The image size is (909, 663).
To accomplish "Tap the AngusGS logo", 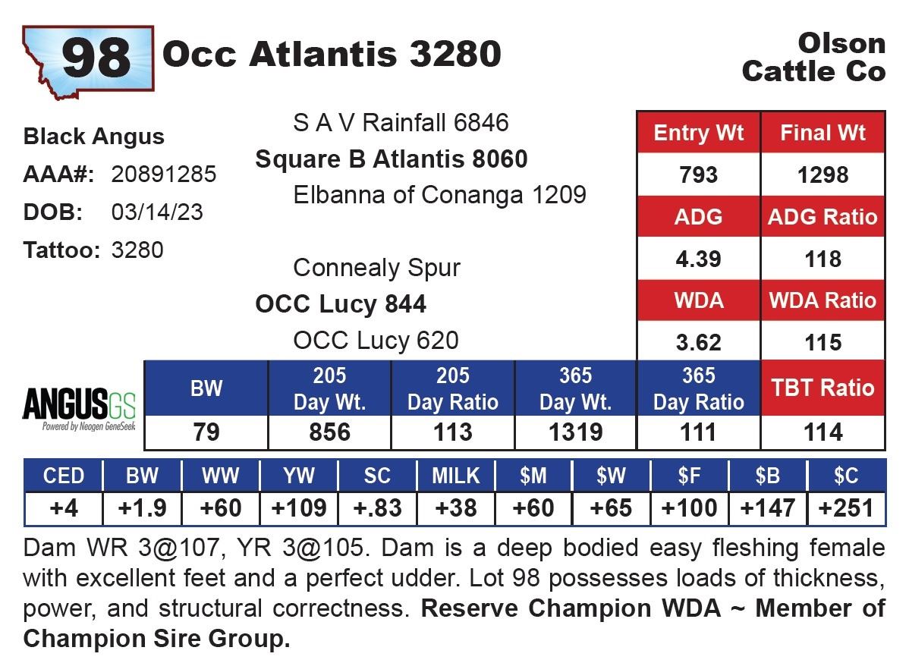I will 79,410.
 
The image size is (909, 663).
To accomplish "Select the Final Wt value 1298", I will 823,175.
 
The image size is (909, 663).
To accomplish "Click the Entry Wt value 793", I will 698,175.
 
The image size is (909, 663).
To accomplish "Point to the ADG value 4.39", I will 698,259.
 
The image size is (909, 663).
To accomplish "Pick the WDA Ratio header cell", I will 823,300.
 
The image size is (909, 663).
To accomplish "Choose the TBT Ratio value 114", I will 823,432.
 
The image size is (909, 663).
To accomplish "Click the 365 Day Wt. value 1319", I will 575,432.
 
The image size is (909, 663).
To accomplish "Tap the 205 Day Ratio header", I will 452,388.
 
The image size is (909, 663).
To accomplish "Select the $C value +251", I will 845,508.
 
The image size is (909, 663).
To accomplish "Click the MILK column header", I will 455,476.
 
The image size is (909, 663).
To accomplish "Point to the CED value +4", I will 64,508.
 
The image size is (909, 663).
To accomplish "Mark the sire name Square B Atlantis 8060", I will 392,159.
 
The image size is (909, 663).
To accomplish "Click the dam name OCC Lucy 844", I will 341,304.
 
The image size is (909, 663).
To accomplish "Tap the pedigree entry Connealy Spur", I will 376,268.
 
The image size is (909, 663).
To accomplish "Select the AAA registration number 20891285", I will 164,174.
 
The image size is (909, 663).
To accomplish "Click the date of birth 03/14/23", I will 157,212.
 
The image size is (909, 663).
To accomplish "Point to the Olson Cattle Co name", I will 813,57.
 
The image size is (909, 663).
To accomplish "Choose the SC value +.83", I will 377,508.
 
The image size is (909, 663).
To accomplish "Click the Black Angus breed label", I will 94,137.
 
